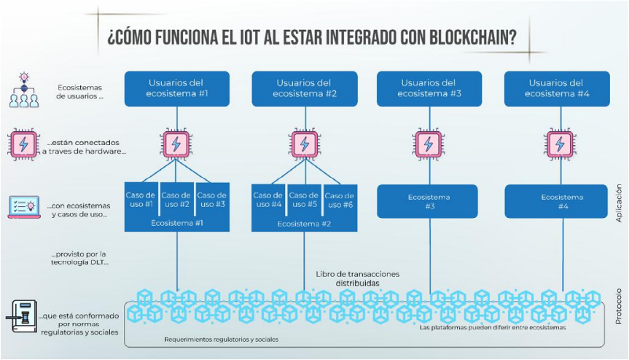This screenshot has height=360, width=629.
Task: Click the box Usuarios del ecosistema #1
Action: tap(177, 88)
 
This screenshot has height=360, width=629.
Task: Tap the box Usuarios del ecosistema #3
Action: tap(429, 88)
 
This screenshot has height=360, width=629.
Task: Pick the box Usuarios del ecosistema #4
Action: tap(556, 88)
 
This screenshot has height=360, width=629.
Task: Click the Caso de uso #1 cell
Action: tap(141, 200)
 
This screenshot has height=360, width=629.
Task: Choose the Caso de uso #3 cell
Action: tap(212, 200)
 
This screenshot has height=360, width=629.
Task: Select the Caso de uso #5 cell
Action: tap(303, 200)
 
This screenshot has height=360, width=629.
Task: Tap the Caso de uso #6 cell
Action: tap(338, 200)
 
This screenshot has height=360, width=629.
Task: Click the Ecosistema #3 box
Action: tap(429, 202)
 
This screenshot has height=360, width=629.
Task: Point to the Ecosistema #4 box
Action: tap(556, 202)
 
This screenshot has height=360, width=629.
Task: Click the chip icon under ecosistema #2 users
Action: tap(302, 144)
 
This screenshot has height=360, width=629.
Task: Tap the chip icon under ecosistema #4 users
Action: tap(556, 144)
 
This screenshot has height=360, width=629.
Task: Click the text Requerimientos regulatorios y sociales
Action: tap(221, 340)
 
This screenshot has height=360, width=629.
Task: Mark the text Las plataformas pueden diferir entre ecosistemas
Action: tap(493, 328)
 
